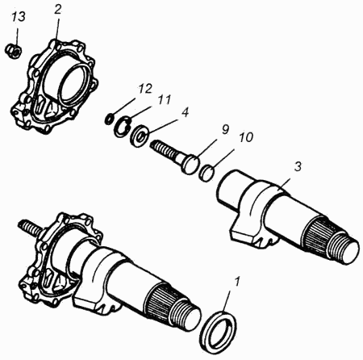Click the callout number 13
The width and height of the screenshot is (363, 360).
(19, 17)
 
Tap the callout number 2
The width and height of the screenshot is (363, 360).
(58, 10)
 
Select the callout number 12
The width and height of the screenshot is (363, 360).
(145, 89)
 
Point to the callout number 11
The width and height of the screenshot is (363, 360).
(164, 100)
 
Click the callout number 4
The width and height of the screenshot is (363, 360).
(185, 112)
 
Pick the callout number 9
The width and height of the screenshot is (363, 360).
(225, 130)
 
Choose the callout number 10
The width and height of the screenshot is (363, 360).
(246, 137)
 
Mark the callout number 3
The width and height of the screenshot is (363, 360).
(298, 167)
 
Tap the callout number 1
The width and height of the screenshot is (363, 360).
(237, 282)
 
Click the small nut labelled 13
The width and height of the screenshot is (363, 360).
(14, 50)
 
